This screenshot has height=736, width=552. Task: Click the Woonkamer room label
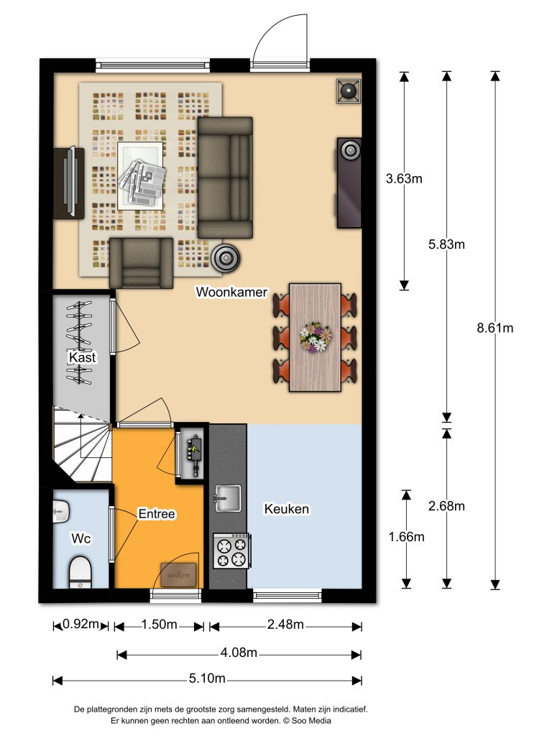point(231,292)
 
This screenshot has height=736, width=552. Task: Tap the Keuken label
point(286,509)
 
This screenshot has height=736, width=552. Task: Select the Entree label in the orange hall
point(156,514)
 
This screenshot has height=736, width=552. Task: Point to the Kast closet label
point(83,357)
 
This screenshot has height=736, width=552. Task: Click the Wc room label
point(80,538)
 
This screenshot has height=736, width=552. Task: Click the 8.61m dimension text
point(494,328)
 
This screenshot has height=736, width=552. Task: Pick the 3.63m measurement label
point(404,178)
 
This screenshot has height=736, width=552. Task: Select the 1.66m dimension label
point(407,536)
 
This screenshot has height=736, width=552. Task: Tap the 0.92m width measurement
point(80,624)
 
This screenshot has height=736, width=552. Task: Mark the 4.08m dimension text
point(239,652)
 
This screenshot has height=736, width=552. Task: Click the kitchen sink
point(228,498)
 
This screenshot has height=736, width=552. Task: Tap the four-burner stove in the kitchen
point(231,551)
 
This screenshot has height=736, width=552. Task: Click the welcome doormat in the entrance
point(179,575)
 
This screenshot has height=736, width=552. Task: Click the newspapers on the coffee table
point(142,182)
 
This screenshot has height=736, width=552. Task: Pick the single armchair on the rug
point(142,263)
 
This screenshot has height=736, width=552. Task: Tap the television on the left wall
point(70,183)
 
